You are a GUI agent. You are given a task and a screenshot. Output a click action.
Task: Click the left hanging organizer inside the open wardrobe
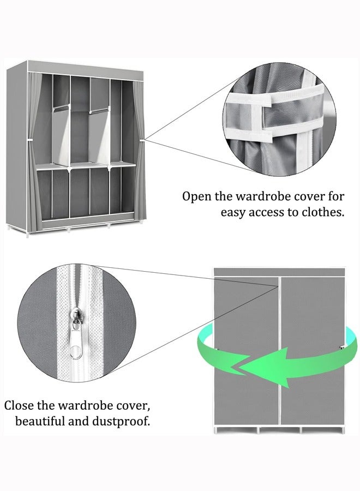pyautogui.click(x=62, y=134)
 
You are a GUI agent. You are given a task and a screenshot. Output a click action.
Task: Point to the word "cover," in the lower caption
pyautogui.click(x=131, y=406)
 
